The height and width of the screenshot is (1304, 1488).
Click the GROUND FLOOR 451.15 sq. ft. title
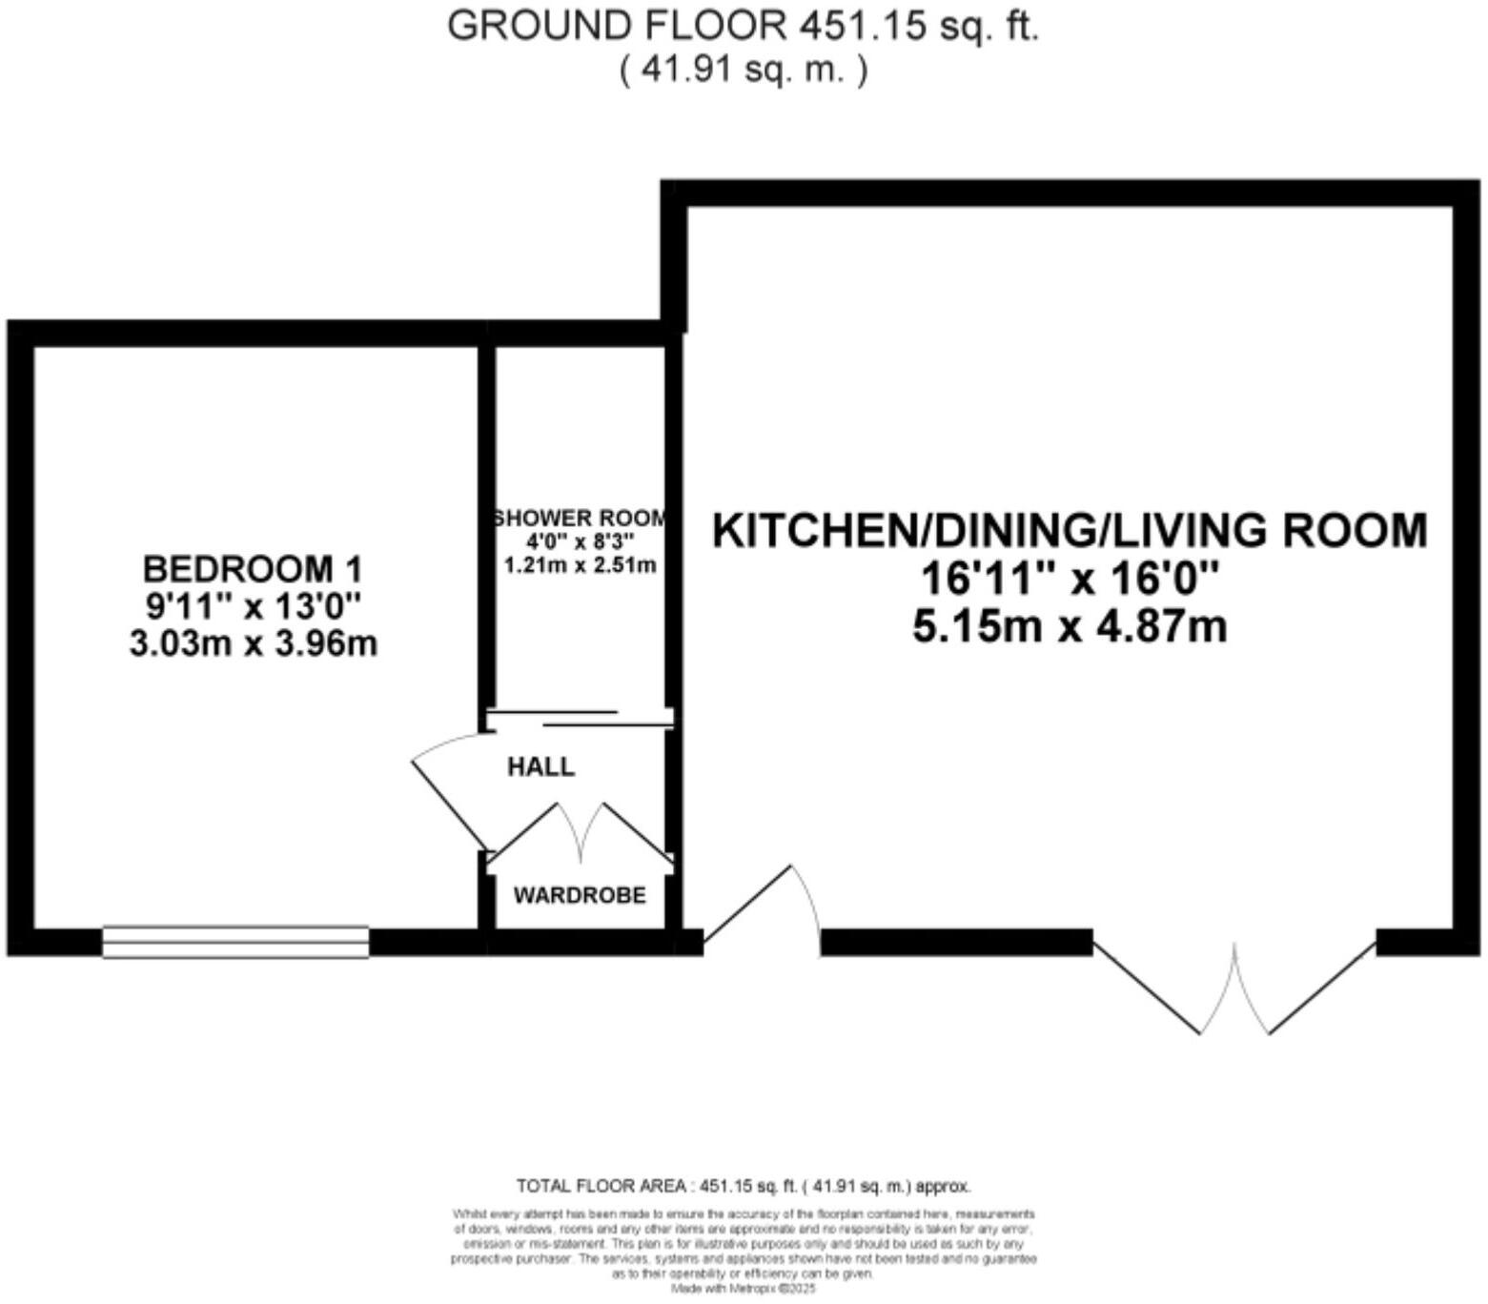(743, 26)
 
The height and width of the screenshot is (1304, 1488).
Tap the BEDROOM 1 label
(253, 569)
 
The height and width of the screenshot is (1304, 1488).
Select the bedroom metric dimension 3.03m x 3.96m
(253, 643)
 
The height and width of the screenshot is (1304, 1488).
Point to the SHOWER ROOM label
(580, 519)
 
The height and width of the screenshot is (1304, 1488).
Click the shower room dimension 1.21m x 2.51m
(580, 564)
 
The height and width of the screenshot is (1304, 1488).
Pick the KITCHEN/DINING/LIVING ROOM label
(1070, 531)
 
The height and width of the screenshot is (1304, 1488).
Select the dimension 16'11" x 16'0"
(1070, 579)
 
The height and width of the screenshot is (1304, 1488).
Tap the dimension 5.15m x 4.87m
(1070, 627)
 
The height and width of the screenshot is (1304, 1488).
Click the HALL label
(540, 766)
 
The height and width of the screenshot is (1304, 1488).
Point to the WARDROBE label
(580, 895)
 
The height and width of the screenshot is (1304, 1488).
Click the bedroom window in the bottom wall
(235, 942)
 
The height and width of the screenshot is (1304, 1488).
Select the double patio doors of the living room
(1234, 987)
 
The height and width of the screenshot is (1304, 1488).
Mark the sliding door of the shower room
(580, 718)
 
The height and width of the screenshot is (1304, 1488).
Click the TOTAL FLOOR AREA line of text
(743, 1187)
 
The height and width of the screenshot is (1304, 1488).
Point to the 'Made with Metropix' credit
(743, 1288)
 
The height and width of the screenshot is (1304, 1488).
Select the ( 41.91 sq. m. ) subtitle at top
(743, 71)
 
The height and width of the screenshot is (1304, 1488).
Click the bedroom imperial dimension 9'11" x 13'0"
(253, 606)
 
